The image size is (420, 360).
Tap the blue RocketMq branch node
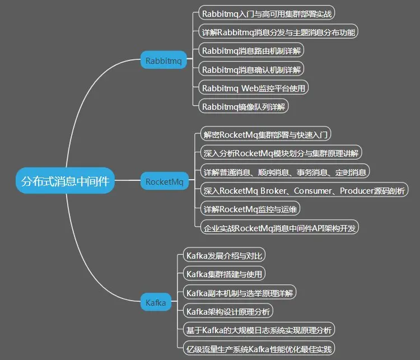coord(164,181)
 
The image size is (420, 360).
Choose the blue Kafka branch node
coord(156,302)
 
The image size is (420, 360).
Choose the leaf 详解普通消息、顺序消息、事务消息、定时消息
coord(285,171)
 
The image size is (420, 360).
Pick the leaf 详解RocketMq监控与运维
coord(251,209)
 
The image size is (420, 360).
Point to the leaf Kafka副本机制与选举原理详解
coord(240,292)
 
